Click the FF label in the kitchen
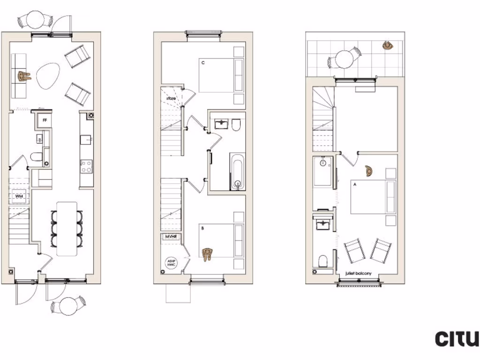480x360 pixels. coord(45,120)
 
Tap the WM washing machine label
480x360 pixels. coord(19,196)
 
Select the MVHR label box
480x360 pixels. coord(170,237)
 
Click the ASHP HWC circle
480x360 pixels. coord(170,263)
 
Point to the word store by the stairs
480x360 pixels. coord(171,99)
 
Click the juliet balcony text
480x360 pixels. coord(359,273)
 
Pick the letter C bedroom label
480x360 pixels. coord(203,62)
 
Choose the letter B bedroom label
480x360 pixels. coord(203,228)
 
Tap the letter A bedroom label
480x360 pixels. coord(355,185)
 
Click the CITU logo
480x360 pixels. coord(457,338)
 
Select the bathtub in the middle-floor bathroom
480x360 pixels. coord(237,171)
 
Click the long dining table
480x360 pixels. coord(67,228)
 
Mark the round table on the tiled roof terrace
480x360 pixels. coord(345,60)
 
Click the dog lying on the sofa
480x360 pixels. coord(24,75)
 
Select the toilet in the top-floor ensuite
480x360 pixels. coord(323,261)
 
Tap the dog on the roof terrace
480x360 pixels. coord(388,45)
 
